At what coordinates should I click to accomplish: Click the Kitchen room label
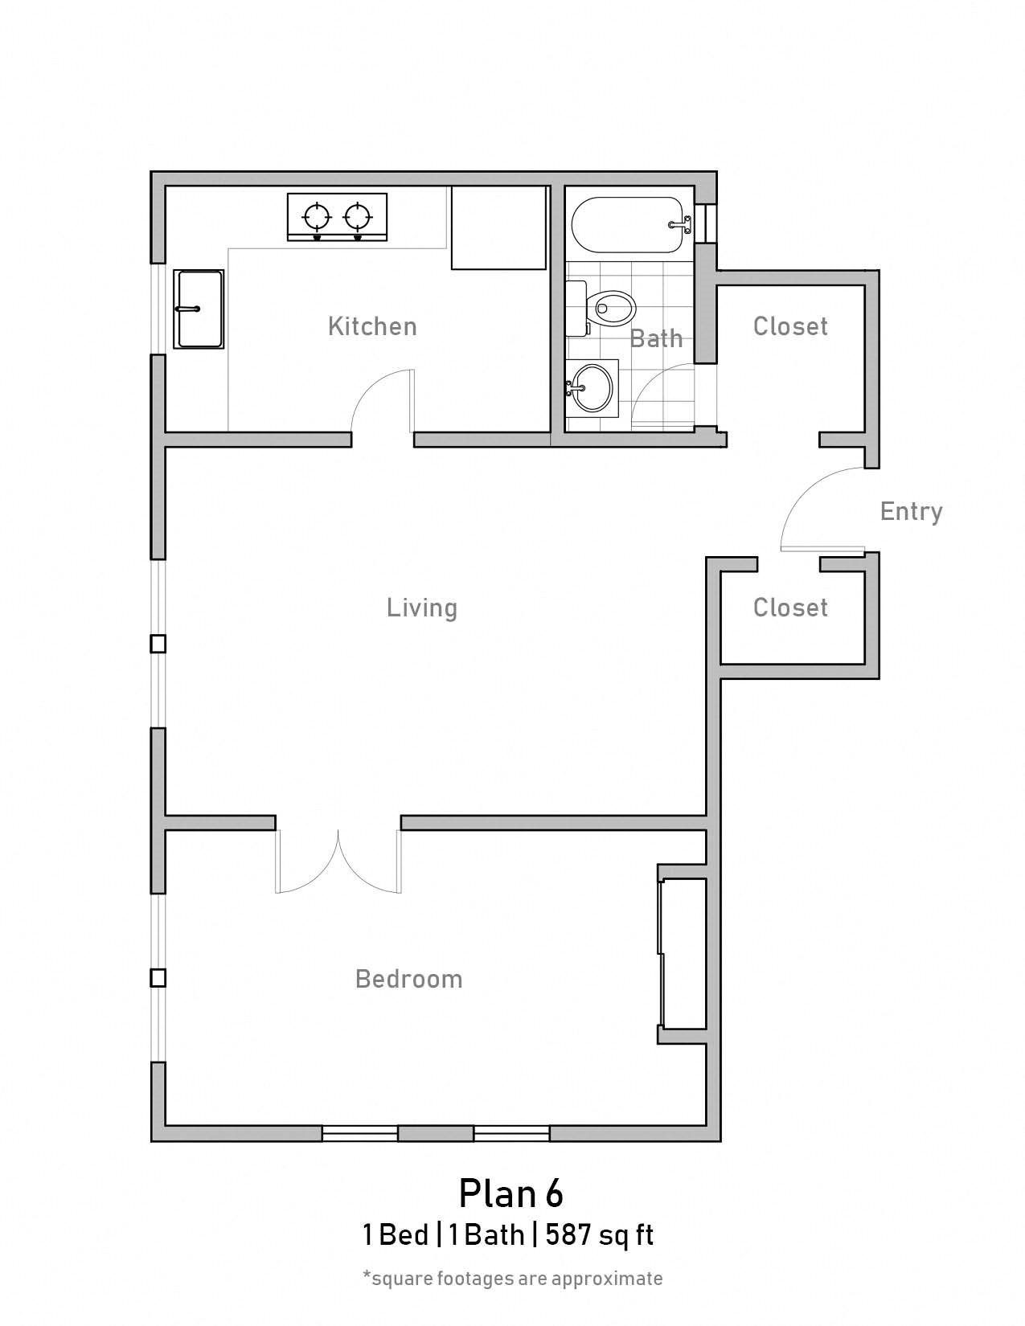click(372, 326)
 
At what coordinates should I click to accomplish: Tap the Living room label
click(422, 608)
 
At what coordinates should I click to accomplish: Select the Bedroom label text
click(408, 979)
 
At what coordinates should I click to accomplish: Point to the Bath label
click(656, 338)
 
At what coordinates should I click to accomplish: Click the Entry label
click(911, 511)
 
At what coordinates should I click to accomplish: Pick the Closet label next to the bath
click(790, 326)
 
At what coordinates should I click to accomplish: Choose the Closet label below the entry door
click(790, 608)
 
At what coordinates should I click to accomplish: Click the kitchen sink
click(199, 309)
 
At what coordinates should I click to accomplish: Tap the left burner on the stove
click(317, 215)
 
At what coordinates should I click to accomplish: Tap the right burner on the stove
click(358, 215)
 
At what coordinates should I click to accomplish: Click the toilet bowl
click(613, 307)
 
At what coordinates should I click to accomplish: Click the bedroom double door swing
click(338, 864)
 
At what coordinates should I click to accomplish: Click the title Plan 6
click(510, 1193)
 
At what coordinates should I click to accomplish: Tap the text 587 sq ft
click(600, 1234)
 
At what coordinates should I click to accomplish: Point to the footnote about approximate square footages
click(512, 1278)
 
